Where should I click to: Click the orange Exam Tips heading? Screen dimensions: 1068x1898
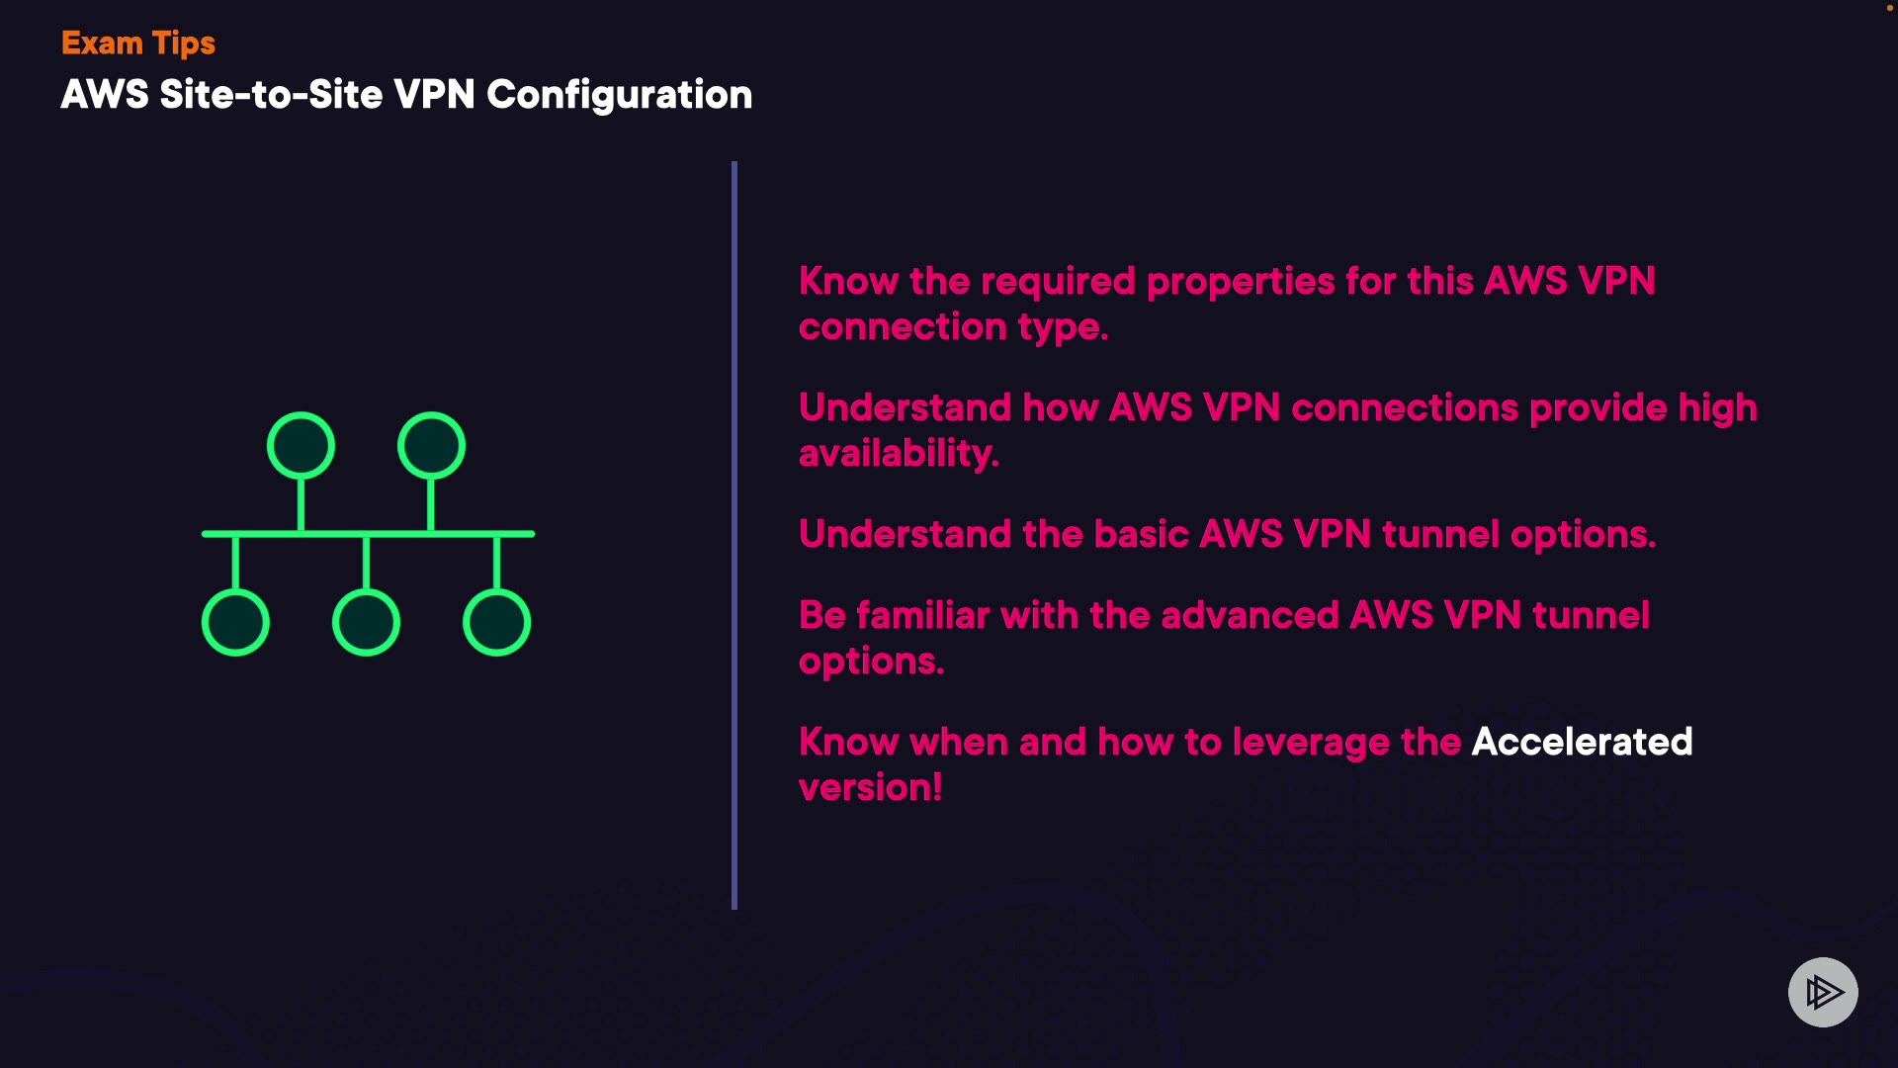coord(137,44)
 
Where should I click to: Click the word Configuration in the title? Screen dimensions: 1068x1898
coord(619,95)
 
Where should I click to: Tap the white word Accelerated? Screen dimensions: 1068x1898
coord(1582,742)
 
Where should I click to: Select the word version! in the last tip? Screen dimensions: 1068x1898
coord(870,788)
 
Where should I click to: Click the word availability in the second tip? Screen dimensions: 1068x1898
coord(898,454)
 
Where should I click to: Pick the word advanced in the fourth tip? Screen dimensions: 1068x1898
coord(1250,615)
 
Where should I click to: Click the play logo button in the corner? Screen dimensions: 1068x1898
coord(1823,992)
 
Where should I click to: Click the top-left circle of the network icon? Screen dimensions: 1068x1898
coord(301,446)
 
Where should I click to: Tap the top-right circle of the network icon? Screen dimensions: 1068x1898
coord(431,446)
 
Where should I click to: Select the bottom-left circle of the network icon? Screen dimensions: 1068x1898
coord(235,622)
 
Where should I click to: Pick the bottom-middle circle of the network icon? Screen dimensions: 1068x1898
coord(366,622)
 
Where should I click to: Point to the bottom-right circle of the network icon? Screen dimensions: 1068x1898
coord(496,622)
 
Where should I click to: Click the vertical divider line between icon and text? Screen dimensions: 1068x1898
coord(734,534)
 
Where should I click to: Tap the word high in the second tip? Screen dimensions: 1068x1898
coord(1717,408)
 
